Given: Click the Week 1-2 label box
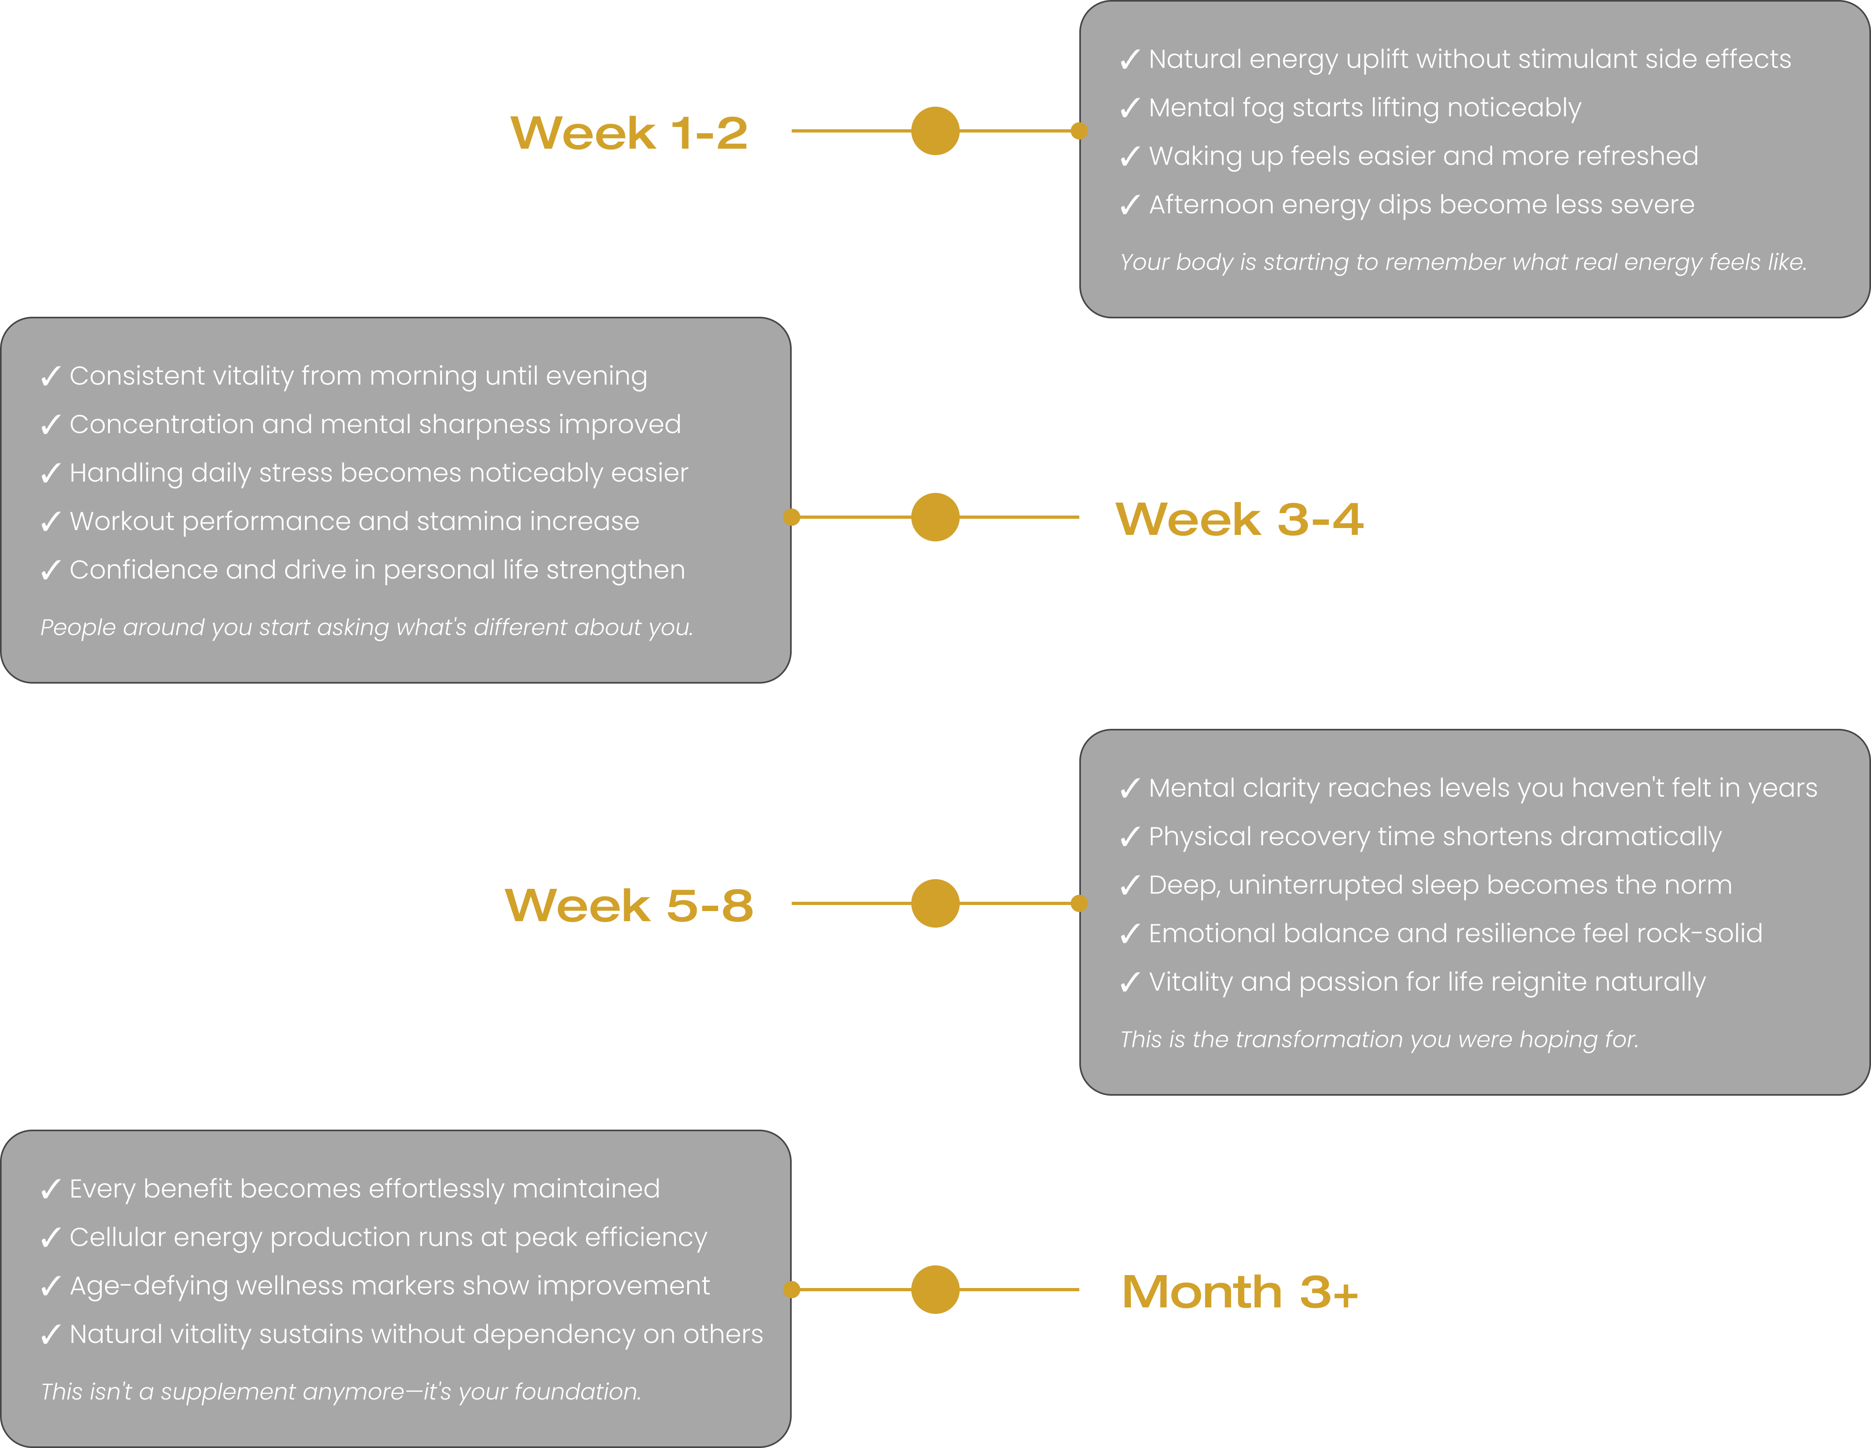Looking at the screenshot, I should pyautogui.click(x=630, y=131).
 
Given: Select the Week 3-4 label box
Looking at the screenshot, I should pyautogui.click(x=1240, y=518).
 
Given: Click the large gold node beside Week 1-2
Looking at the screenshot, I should pyautogui.click(x=935, y=131).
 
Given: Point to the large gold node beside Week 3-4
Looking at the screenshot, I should pyautogui.click(x=935, y=518).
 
